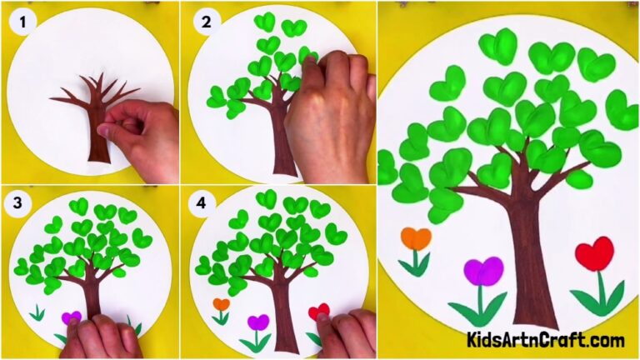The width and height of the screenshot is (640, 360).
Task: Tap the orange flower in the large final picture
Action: coord(416,239)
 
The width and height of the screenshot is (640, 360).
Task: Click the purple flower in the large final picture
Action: coord(483,271)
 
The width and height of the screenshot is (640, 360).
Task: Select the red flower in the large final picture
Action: coord(594,253)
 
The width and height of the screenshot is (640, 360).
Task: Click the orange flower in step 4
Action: coord(221,305)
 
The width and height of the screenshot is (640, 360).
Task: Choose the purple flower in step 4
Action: coord(258,322)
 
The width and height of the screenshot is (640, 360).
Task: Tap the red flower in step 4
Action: coord(318,312)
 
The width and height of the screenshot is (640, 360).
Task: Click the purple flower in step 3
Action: coord(72,317)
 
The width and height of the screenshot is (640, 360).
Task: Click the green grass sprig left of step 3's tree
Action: coord(36,313)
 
